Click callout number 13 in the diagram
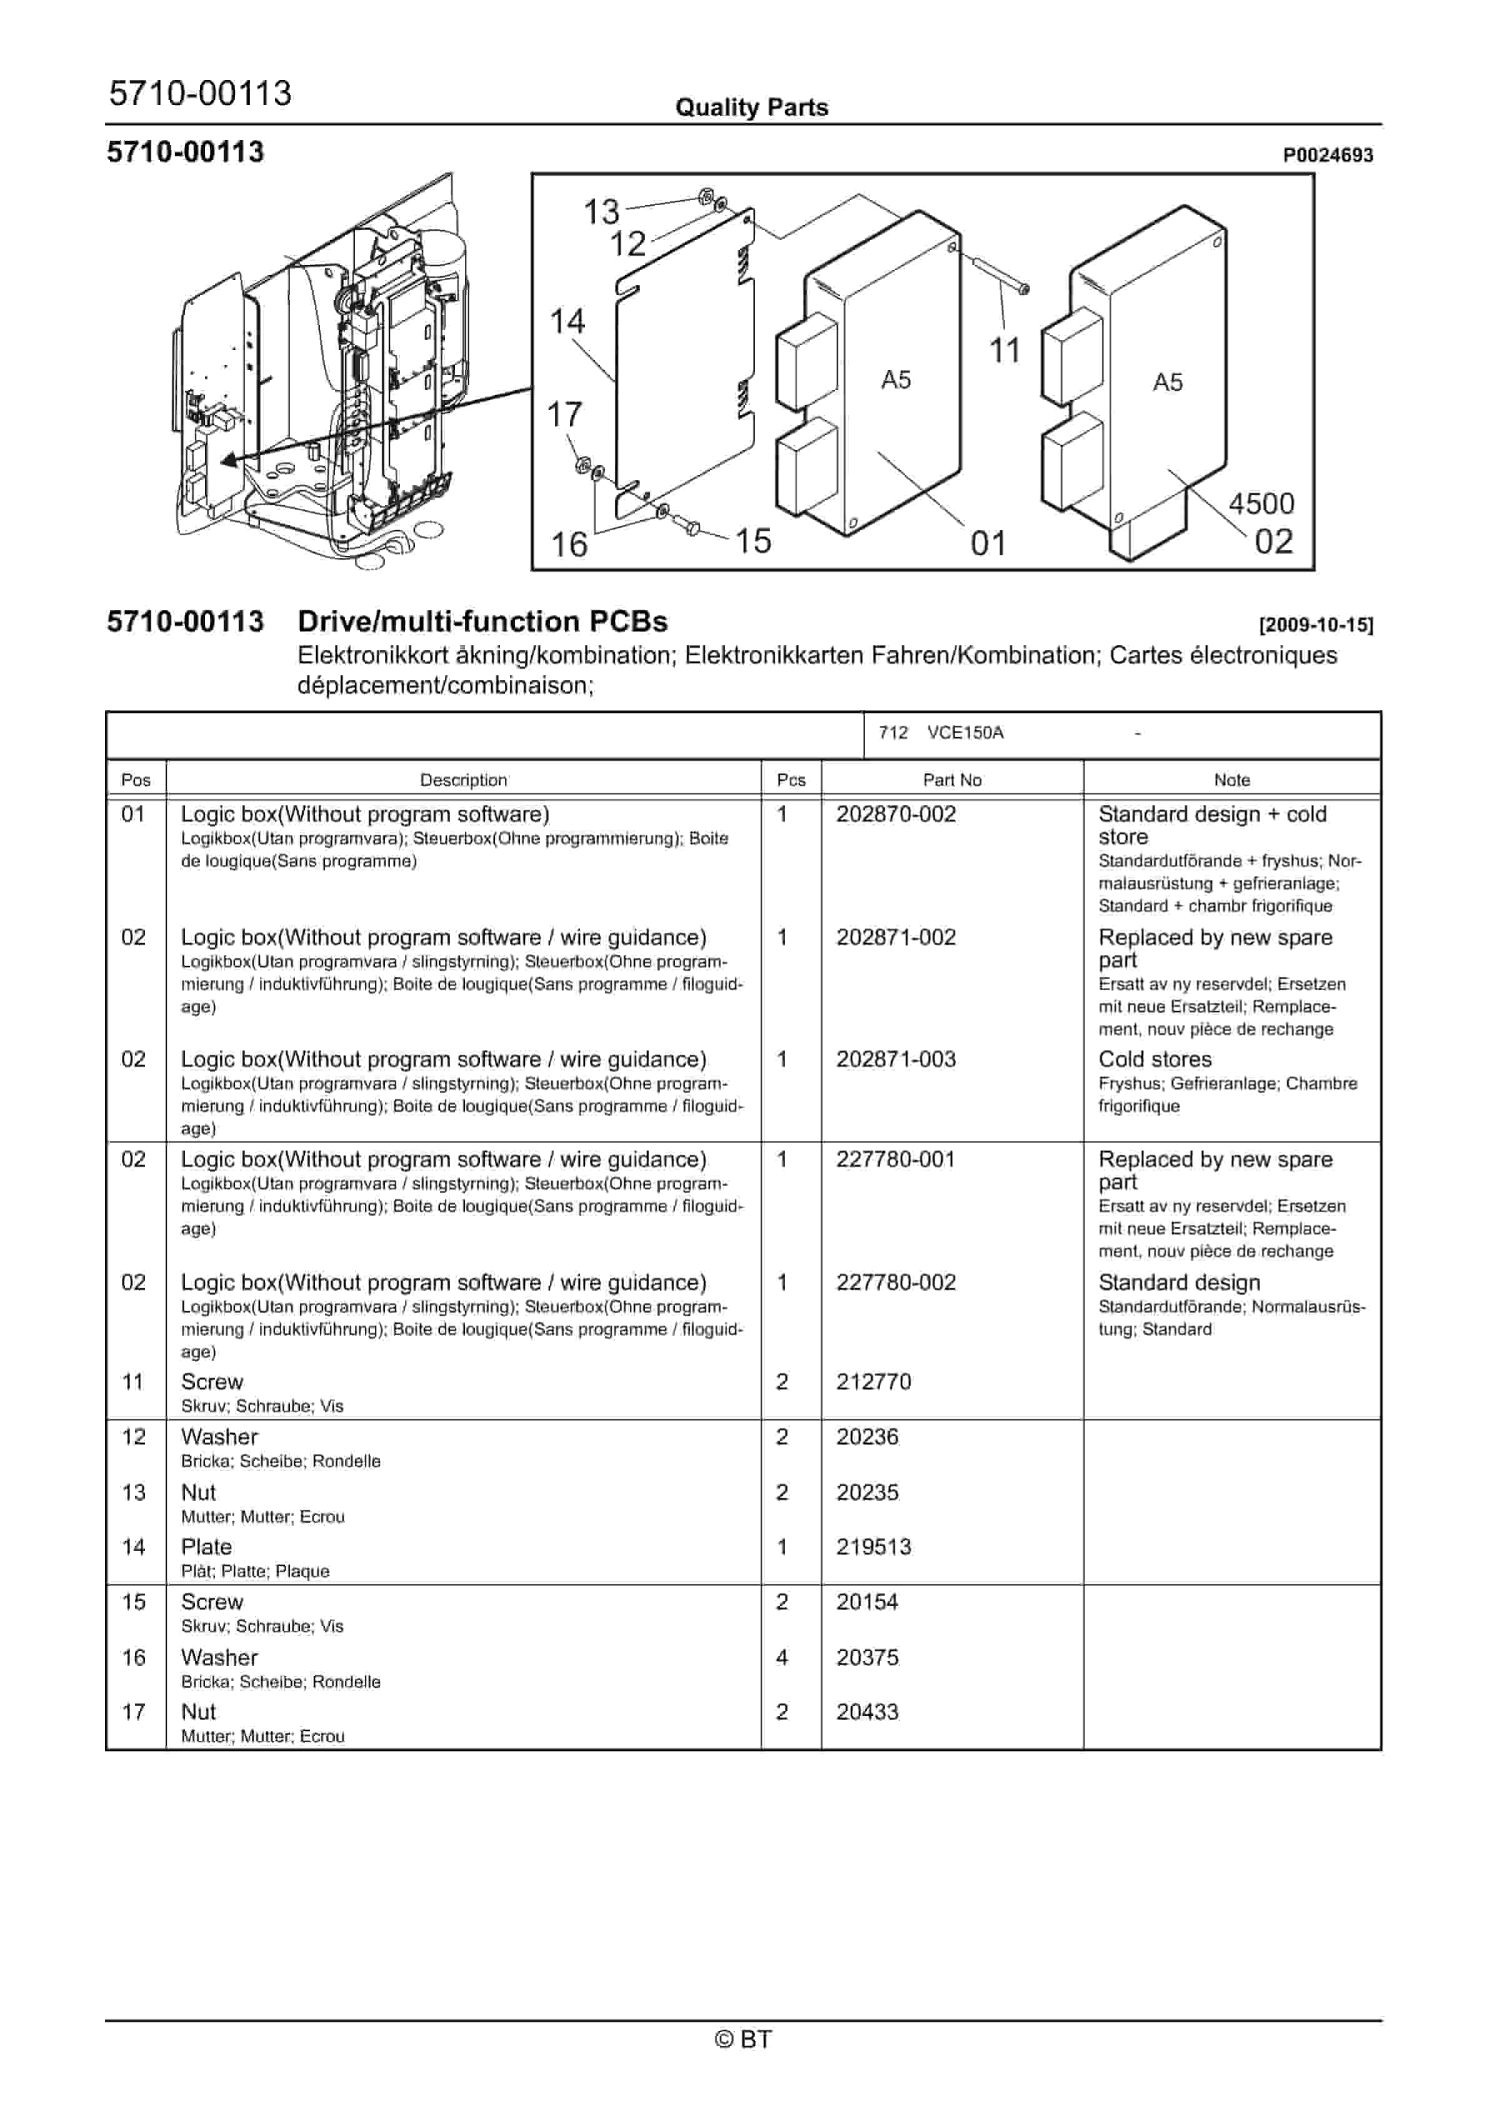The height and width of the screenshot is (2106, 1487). [x=602, y=212]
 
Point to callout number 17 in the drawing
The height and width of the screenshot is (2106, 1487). [x=565, y=415]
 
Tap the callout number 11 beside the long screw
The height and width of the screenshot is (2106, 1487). [x=1005, y=350]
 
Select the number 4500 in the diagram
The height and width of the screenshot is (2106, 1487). [x=1261, y=503]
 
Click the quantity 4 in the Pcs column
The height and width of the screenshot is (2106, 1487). [x=782, y=1658]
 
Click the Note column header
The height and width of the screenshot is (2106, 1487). [x=1231, y=780]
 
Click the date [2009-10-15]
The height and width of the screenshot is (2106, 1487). [x=1316, y=625]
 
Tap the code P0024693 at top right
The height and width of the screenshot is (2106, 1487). [x=1328, y=155]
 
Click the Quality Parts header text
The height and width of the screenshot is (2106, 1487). [x=752, y=108]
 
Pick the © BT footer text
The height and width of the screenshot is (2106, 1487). [x=743, y=2039]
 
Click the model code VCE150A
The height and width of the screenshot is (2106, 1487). [x=965, y=733]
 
